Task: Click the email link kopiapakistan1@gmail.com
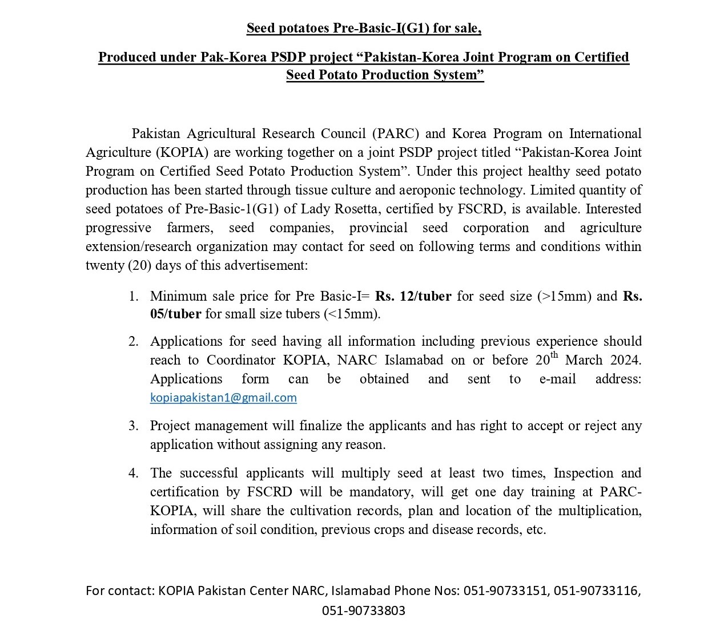(x=223, y=398)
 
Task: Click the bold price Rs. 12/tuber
(x=413, y=296)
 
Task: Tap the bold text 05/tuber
(x=175, y=314)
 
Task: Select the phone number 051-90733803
(x=363, y=610)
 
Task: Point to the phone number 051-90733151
(x=505, y=590)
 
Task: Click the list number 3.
(x=133, y=426)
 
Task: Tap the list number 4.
(x=133, y=473)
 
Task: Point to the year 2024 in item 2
(x=625, y=360)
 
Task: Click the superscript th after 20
(x=554, y=356)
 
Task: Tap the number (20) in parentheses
(x=140, y=265)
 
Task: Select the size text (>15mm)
(x=565, y=296)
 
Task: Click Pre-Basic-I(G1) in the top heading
(x=383, y=28)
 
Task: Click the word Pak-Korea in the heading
(x=228, y=57)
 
